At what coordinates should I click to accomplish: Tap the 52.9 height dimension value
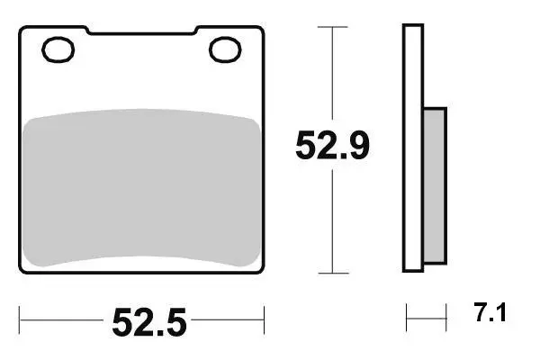click(x=332, y=145)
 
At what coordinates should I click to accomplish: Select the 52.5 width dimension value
click(x=149, y=322)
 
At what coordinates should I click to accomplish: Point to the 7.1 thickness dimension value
click(x=490, y=312)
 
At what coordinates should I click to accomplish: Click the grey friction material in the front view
click(x=141, y=188)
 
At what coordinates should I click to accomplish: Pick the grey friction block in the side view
click(x=435, y=185)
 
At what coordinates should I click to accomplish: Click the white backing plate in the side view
click(x=413, y=148)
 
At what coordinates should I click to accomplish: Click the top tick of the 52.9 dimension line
click(x=332, y=27)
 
